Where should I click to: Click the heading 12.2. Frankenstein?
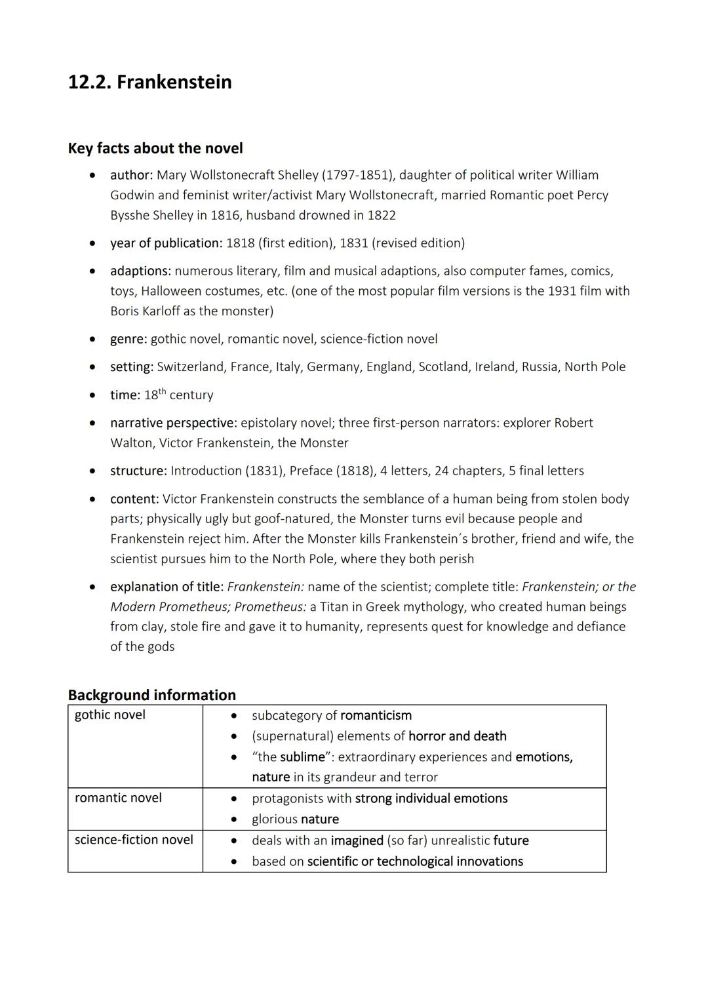point(149,82)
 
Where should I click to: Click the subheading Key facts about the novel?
point(155,148)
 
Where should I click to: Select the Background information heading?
point(151,695)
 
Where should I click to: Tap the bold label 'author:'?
point(131,175)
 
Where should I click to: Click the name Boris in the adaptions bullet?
point(126,311)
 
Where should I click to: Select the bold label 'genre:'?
point(128,339)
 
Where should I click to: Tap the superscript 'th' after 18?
point(163,391)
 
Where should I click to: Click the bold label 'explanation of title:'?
point(167,587)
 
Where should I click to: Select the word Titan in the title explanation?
point(335,607)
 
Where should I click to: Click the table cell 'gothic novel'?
point(110,715)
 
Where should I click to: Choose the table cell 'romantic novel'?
point(118,798)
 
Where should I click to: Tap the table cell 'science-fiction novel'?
point(134,840)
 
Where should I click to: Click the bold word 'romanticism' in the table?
point(376,715)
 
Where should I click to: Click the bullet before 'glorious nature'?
point(233,819)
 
